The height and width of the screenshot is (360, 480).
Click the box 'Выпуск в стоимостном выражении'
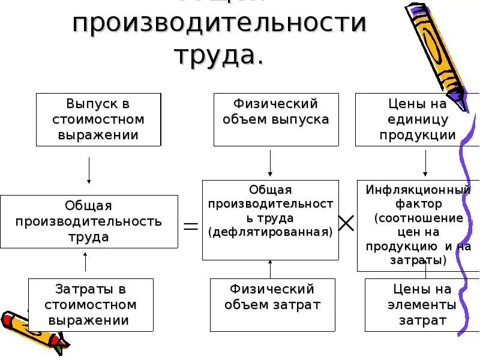[98, 119]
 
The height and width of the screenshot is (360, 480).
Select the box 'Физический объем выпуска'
[275, 119]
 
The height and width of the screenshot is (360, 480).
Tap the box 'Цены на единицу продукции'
[418, 119]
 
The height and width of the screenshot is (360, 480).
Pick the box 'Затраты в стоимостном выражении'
[91, 305]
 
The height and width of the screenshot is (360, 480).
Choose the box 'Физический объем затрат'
[272, 305]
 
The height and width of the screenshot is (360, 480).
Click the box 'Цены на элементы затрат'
[418, 305]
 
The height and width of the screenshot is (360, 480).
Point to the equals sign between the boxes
[190, 226]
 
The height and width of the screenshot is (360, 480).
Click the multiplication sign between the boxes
[346, 224]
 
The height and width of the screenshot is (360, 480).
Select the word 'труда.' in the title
[218, 55]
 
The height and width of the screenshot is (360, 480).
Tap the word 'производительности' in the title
[218, 24]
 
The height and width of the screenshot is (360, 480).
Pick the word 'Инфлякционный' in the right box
[418, 190]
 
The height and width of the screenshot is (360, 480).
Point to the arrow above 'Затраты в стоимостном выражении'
[86, 262]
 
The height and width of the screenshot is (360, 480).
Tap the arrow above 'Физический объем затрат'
[271, 269]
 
